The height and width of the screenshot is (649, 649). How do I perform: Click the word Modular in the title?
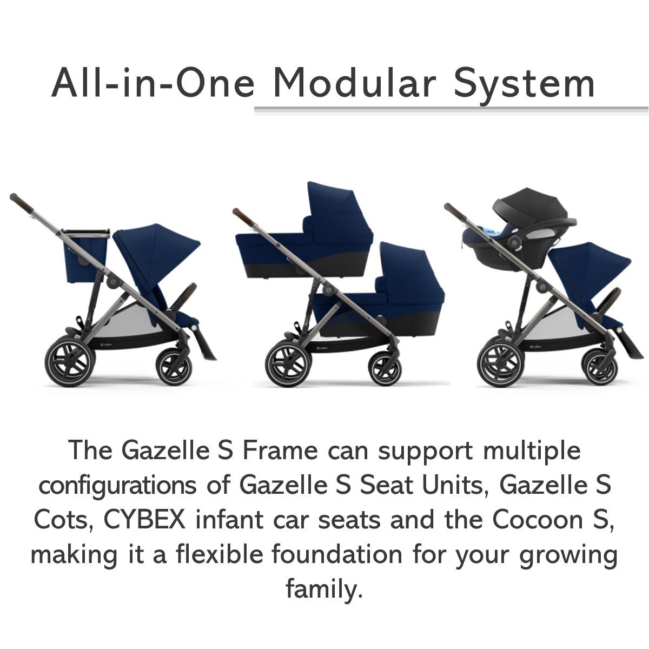355,83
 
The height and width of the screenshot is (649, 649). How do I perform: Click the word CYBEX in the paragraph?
144,520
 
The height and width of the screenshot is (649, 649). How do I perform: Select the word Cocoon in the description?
538,520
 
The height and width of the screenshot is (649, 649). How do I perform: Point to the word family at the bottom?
324,589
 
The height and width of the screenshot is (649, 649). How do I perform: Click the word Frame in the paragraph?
280,451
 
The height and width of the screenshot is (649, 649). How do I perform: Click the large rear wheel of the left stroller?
70,361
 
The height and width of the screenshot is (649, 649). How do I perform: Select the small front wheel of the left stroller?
174,367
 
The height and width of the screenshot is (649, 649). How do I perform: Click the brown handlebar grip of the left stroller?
21,203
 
